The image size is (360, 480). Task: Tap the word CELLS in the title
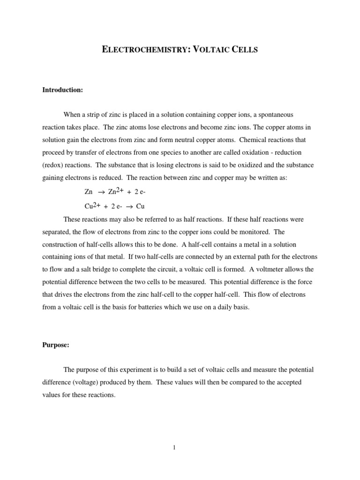(x=244, y=49)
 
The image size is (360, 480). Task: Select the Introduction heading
(x=62, y=90)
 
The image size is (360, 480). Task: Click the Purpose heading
(x=56, y=345)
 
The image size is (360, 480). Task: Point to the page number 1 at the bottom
(x=174, y=448)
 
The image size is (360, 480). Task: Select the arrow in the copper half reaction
(x=128, y=206)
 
